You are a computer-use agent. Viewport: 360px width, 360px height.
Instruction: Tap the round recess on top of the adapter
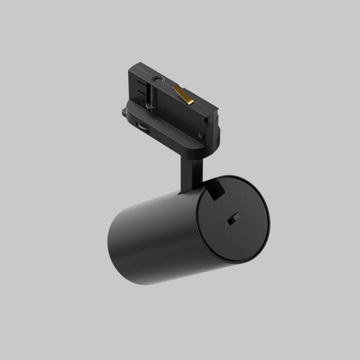[157, 81]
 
